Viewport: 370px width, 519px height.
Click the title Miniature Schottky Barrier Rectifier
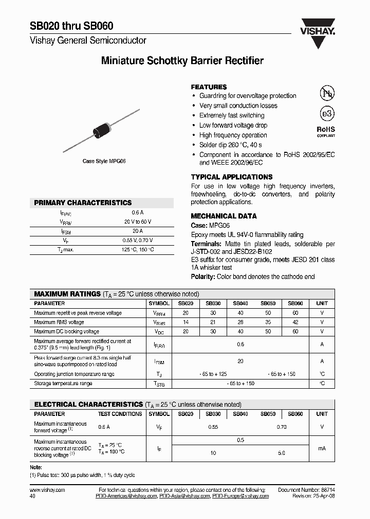tap(182, 61)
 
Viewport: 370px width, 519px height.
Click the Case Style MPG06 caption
tap(104, 161)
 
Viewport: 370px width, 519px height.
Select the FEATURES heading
tap(209, 87)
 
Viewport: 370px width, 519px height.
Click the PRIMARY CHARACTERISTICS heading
tap(83, 203)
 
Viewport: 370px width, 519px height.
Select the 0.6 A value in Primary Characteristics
tap(138, 212)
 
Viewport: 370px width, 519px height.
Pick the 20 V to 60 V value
tap(138, 222)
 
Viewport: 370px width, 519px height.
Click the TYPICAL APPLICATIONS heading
tap(232, 177)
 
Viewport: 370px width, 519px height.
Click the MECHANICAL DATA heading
tap(224, 216)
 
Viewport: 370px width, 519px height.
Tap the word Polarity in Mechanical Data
tap(202, 276)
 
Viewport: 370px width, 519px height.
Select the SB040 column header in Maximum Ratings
tap(240, 304)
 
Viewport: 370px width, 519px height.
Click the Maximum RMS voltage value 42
tap(295, 323)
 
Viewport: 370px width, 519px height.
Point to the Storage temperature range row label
tap(63, 383)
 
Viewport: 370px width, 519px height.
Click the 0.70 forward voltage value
tap(282, 427)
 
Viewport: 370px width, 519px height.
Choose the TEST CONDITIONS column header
tap(120, 414)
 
